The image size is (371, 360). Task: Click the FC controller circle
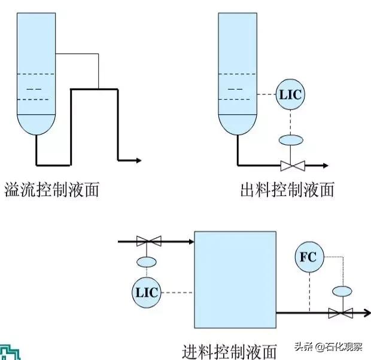pyautogui.click(x=308, y=258)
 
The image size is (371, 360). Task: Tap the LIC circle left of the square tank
pyautogui.click(x=145, y=292)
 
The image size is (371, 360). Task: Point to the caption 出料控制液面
pyautogui.click(x=287, y=190)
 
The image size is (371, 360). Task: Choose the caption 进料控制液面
pyautogui.click(x=230, y=350)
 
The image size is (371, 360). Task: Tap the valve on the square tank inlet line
pyautogui.click(x=148, y=242)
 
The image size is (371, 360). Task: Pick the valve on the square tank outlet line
pyautogui.click(x=341, y=312)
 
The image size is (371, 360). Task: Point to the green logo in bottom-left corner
pyautogui.click(x=9, y=351)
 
